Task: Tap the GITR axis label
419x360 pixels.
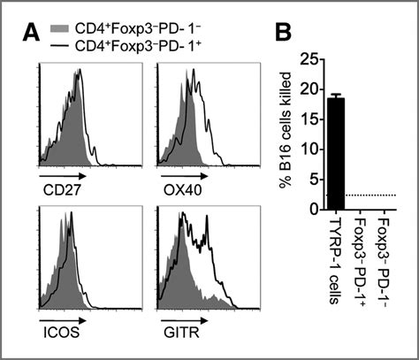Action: click(178, 335)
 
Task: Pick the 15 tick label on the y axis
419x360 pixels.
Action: click(309, 119)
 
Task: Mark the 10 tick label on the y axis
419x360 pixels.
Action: click(309, 149)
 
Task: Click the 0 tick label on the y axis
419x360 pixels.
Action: click(312, 209)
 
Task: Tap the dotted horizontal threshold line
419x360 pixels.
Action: click(380, 195)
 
